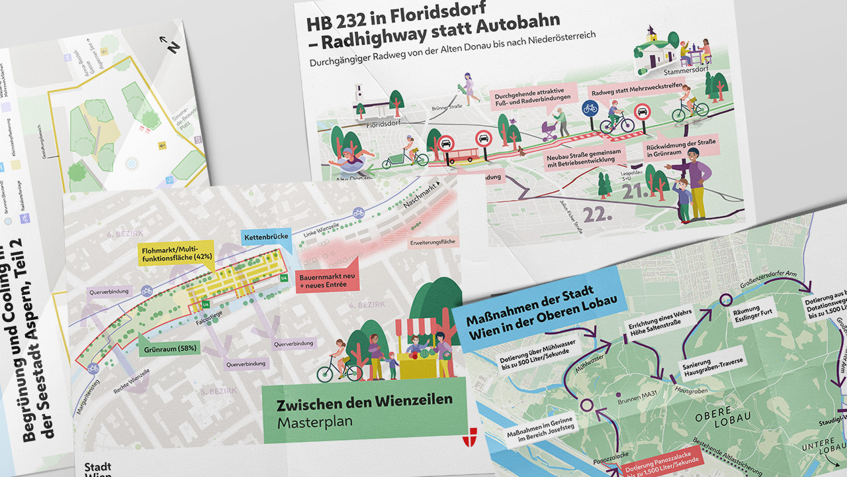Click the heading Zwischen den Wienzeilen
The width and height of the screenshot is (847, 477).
[365, 400]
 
